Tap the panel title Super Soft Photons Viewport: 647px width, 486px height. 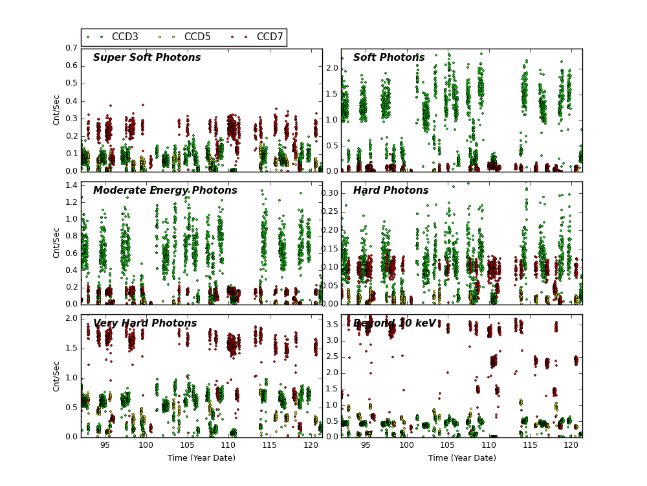point(147,58)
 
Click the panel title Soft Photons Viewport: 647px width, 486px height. point(389,58)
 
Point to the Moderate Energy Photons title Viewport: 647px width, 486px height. point(165,191)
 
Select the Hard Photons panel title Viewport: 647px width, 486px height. point(391,191)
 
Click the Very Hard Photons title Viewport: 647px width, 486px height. point(145,323)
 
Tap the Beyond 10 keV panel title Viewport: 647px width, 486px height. point(395,323)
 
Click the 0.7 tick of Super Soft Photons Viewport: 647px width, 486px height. point(71,49)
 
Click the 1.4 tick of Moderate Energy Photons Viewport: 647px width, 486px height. point(71,185)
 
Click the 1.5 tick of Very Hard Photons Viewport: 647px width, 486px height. point(71,348)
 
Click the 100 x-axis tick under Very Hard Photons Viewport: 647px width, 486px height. point(146,445)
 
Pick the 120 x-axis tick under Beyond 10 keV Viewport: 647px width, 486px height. point(571,445)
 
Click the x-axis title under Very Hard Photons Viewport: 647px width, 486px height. point(201,458)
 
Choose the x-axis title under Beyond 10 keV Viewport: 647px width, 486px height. point(462,458)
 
